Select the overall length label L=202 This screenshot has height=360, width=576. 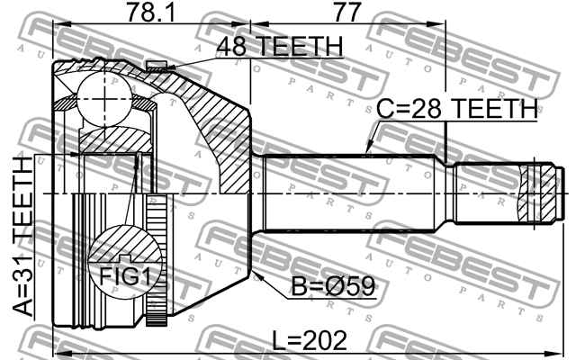tap(310, 341)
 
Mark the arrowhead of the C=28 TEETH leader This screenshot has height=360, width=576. tap(368, 152)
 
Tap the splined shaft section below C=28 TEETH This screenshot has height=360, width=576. tap(351, 194)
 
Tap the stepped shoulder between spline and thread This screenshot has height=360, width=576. tap(449, 194)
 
